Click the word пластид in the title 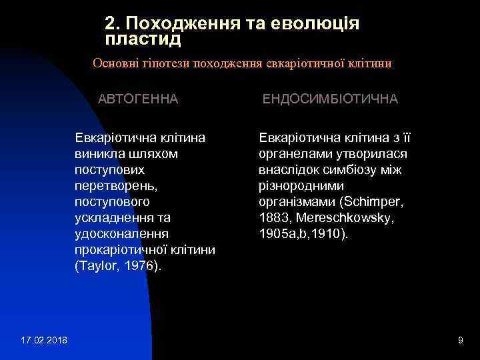tap(143, 39)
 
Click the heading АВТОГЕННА tap(139, 99)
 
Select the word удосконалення tap(121, 233)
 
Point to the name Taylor tap(97, 265)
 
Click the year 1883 tap(273, 217)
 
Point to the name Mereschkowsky tap(339, 217)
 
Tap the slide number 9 tap(461, 341)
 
